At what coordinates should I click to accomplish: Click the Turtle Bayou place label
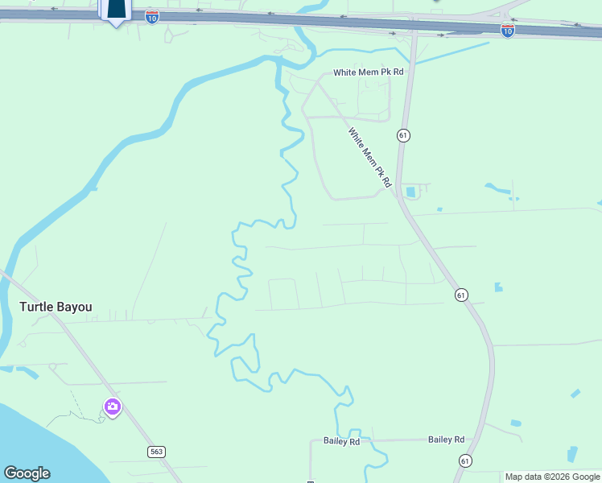coord(56,307)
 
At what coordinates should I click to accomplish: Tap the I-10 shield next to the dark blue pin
coord(152,16)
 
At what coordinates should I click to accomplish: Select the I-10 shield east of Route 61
coord(507,30)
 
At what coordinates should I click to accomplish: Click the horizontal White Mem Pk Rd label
coord(368,72)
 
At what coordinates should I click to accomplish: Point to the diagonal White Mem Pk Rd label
coord(369,158)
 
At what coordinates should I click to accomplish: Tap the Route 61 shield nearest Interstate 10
coord(403,135)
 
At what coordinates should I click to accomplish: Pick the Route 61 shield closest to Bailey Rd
coord(465,460)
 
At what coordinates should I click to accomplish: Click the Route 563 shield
coord(157,452)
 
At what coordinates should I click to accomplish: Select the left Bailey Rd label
coord(341,441)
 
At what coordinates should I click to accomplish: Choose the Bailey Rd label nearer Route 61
coord(446,440)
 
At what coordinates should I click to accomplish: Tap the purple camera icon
coord(112,407)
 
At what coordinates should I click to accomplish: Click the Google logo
coord(27,473)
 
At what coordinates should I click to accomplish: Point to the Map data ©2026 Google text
coord(552,477)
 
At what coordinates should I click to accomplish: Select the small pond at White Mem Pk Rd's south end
coord(412,192)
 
